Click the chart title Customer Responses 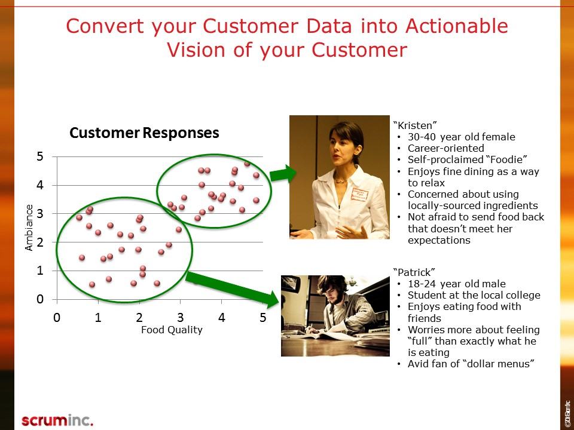[144, 133]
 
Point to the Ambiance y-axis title [29, 227]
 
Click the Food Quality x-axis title [172, 329]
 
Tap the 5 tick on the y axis [40, 156]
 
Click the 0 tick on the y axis [40, 299]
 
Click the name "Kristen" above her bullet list [415, 125]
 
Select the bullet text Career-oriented [445, 148]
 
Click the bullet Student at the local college [474, 295]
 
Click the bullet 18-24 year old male [456, 284]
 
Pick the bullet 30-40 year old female [461, 137]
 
